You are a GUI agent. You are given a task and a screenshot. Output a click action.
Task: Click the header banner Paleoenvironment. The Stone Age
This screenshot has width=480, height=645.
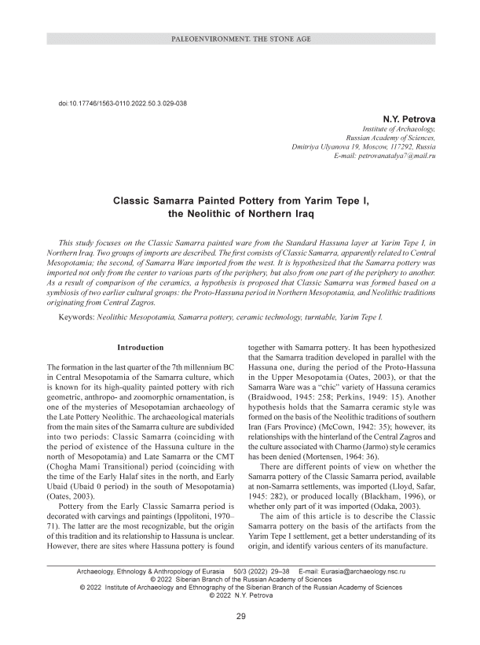[240, 39]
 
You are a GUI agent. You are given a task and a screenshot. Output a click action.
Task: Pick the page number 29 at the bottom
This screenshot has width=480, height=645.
[241, 616]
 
